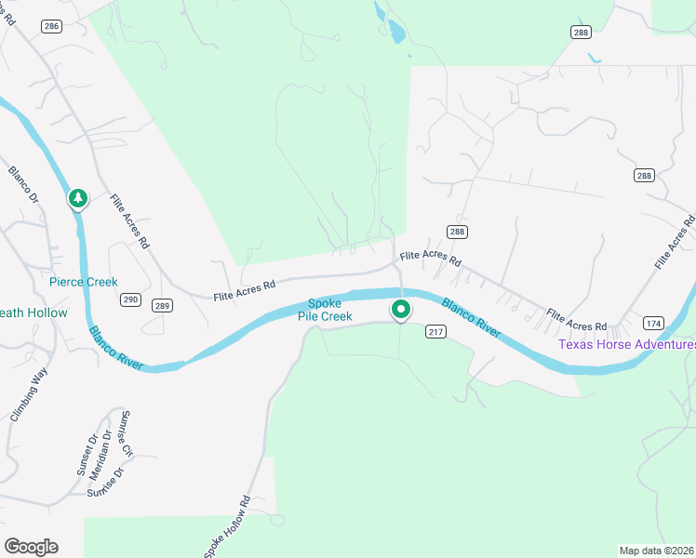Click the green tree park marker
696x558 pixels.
[x=78, y=198]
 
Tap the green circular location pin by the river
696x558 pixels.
[x=401, y=309]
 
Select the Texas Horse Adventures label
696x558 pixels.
[x=626, y=344]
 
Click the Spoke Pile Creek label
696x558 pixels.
[x=325, y=311]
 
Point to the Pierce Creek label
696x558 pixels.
[x=84, y=282]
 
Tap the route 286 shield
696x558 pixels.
[x=51, y=26]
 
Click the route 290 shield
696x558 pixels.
[x=131, y=299]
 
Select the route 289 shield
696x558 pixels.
[x=162, y=305]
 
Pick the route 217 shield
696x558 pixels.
[x=436, y=331]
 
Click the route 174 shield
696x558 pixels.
[x=652, y=323]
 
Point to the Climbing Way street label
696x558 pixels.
[x=29, y=395]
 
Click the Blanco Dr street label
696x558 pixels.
[x=23, y=185]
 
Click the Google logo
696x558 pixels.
[x=31, y=547]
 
